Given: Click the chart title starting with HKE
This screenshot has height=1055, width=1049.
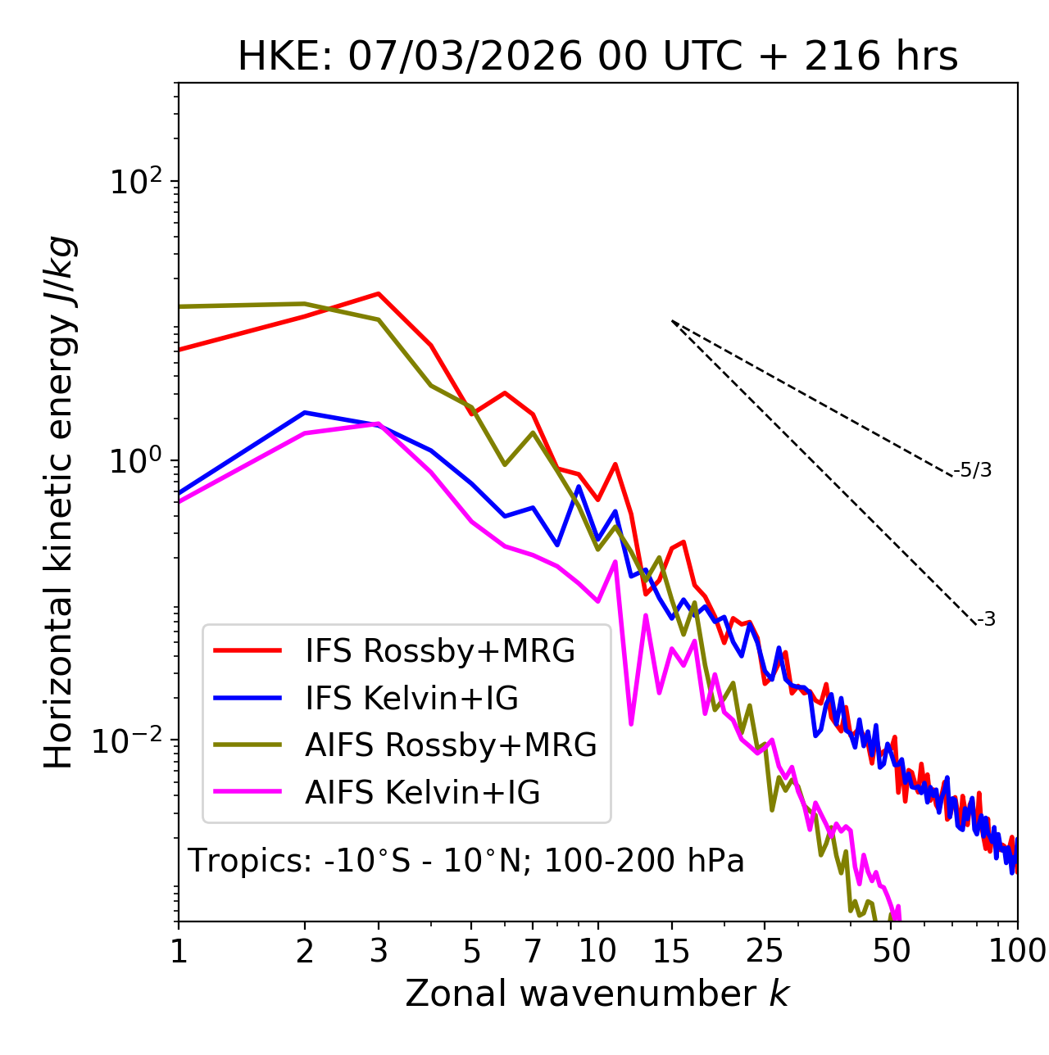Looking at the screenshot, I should tap(597, 57).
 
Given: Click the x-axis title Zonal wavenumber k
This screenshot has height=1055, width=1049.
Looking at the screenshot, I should tap(597, 994).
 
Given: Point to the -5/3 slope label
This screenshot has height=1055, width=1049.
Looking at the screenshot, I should tap(973, 470).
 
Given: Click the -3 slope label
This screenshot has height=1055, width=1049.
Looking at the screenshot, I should tap(986, 619).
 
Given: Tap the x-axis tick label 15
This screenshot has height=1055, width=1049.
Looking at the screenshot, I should tap(671, 951).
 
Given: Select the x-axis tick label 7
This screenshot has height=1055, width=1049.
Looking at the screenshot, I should tap(533, 951).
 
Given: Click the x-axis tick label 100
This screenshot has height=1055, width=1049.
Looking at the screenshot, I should tap(1016, 951).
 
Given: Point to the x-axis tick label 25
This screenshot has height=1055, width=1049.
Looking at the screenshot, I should tap(765, 951).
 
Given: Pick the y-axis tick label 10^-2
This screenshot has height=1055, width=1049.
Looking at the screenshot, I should tap(131, 740).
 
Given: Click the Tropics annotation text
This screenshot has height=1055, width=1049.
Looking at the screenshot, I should tap(466, 861).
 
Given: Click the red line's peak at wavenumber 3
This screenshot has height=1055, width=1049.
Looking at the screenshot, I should tap(379, 293).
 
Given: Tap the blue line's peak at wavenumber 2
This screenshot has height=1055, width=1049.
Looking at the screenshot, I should tap(305, 413).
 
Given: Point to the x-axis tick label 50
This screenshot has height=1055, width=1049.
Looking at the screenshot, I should tap(891, 951).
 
